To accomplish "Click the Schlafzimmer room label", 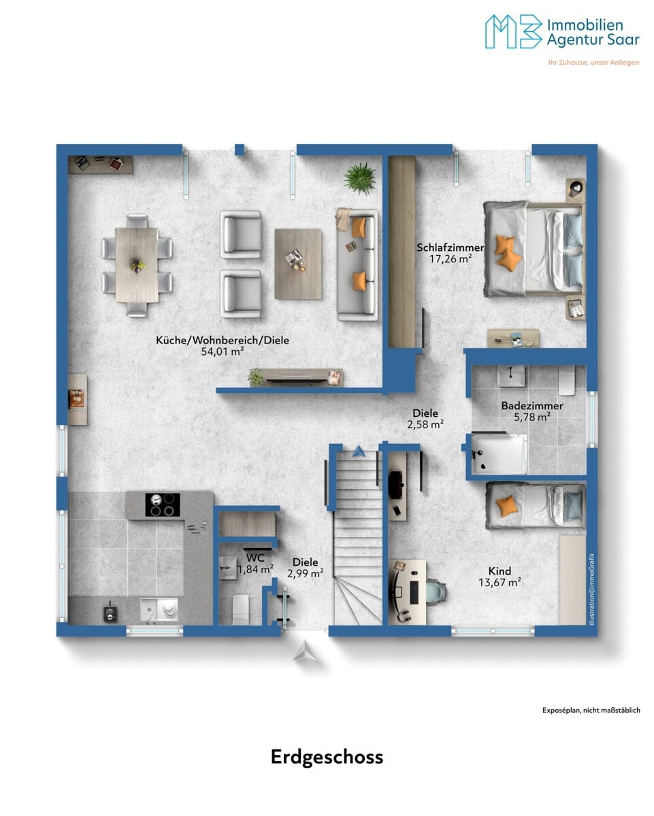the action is click(x=450, y=248).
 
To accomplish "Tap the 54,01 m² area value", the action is click(x=222, y=352).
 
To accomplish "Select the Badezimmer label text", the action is click(x=532, y=406).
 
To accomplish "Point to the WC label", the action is click(x=255, y=558).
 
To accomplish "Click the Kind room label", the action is click(x=500, y=571).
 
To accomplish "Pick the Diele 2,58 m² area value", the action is click(x=425, y=424).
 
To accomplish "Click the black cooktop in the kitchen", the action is click(x=163, y=505).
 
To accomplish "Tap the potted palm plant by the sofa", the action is click(x=359, y=178).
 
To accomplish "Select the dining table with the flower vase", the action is click(x=137, y=265).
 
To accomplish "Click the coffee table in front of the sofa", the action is click(x=298, y=264).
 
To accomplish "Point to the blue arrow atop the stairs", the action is click(x=358, y=452).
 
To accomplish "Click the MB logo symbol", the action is click(x=513, y=32).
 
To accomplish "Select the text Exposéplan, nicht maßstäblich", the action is click(x=591, y=710).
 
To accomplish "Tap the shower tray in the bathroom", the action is click(x=499, y=454).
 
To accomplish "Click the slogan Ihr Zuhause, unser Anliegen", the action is click(x=593, y=63).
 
